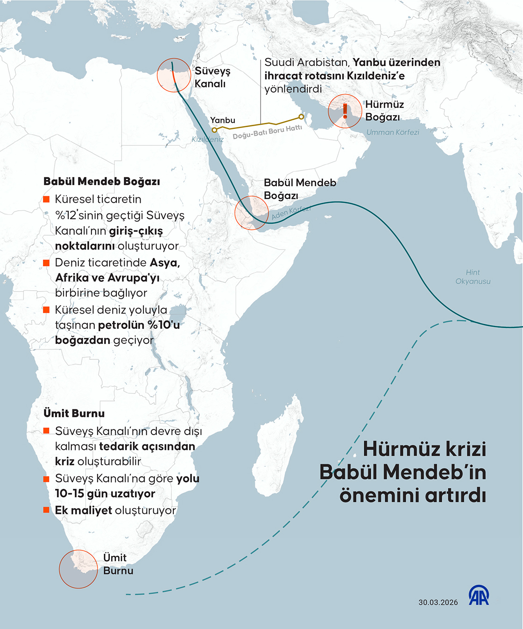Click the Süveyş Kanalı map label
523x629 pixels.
tap(212, 78)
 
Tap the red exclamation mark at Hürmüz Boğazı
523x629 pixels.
tap(345, 111)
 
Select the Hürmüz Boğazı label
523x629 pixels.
tap(384, 111)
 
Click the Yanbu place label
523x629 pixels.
tap(223, 120)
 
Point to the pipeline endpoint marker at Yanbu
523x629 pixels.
tap(214, 130)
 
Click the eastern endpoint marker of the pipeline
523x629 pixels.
tap(301, 117)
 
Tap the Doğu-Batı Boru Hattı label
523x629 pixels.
tap(267, 132)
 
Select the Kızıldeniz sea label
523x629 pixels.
tap(207, 139)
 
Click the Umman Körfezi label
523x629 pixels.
tap(393, 132)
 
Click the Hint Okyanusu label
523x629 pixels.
tap(473, 277)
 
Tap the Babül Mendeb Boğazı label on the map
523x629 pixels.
tap(300, 189)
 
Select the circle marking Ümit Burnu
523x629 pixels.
tap(78, 569)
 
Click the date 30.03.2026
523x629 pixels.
tap(438, 602)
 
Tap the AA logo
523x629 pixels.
tap(479, 595)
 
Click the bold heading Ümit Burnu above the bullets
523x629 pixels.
tap(74, 413)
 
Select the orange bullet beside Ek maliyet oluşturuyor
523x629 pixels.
tap(46, 510)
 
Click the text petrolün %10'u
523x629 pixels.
tap(139, 325)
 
